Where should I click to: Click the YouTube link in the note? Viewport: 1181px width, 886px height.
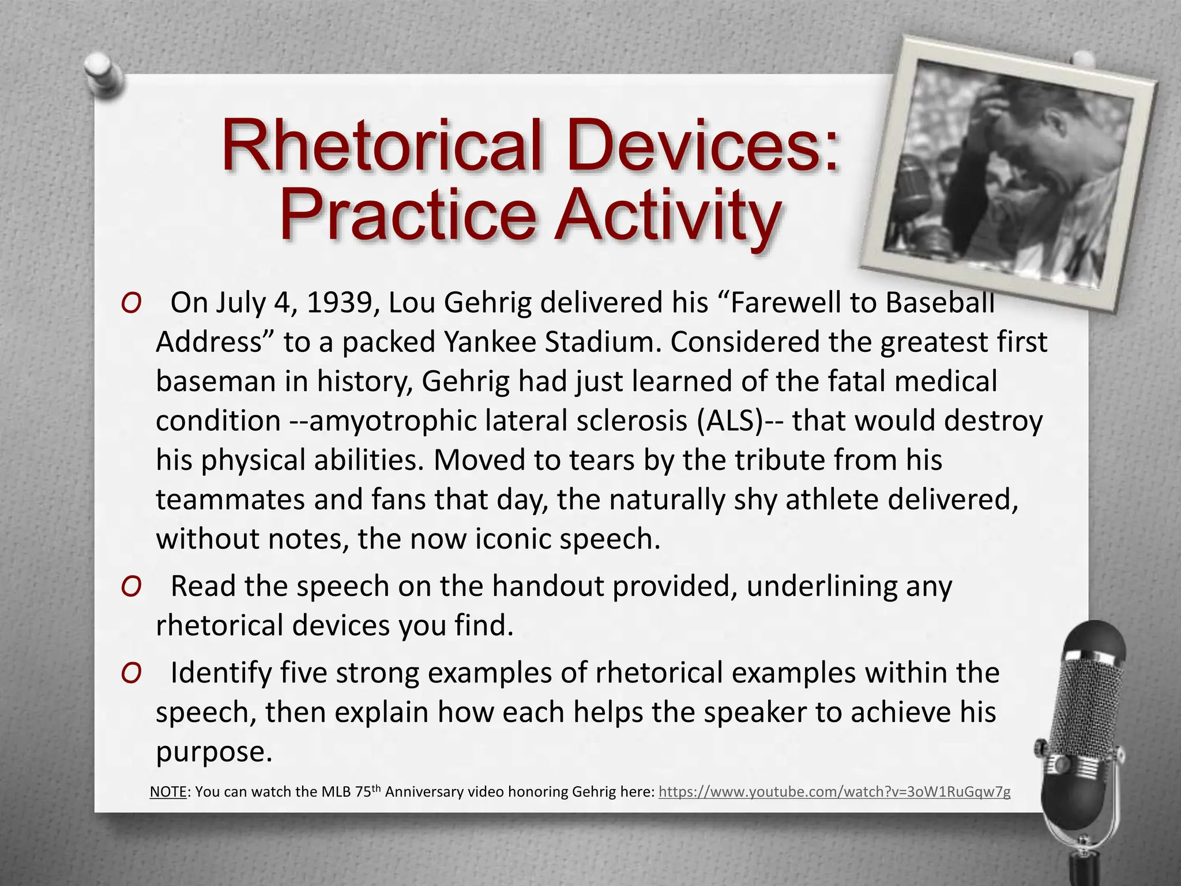point(834,792)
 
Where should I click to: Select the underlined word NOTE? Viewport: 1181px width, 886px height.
point(168,792)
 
